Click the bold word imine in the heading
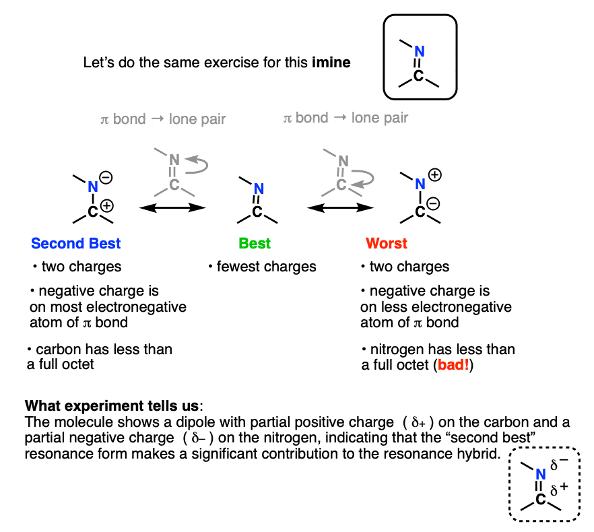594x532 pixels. pos(331,63)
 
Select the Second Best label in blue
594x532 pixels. pos(76,243)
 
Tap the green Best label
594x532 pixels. pos(255,243)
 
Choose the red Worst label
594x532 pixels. pos(387,243)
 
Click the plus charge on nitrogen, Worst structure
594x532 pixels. pos(435,175)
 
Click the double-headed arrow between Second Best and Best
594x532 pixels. pos(172,208)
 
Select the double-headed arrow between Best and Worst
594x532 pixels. pos(341,208)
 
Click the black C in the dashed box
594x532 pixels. pos(541,500)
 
